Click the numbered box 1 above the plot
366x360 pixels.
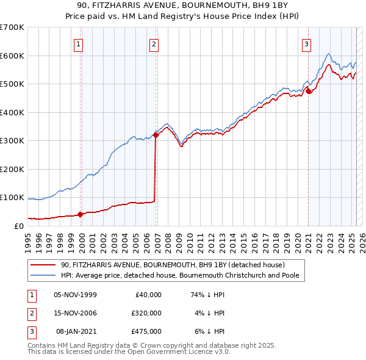coord(80,43)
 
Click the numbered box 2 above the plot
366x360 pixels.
coord(154,43)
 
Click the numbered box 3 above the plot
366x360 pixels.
coord(306,43)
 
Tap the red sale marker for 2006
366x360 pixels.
coord(156,135)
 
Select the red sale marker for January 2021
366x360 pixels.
coord(309,92)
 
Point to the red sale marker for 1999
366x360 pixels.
coord(80,214)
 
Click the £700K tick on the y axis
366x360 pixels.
coord(12,27)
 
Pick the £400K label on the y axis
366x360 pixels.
coord(12,112)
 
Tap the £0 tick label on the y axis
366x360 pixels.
coord(18,226)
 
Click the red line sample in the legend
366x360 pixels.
coord(43,265)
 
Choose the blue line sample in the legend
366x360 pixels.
coord(43,275)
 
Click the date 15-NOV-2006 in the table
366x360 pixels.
coord(76,313)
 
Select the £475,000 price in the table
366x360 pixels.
coord(146,331)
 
